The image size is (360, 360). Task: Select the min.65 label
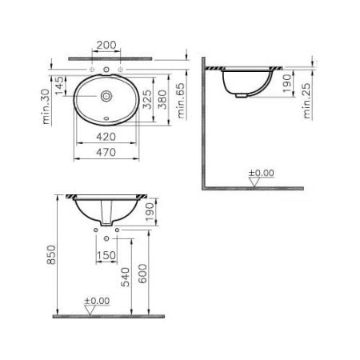pos(182,100)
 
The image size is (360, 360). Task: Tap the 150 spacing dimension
pos(106,256)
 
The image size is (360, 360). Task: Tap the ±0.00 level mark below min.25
pos(261,172)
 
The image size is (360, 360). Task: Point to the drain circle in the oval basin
pos(106,96)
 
